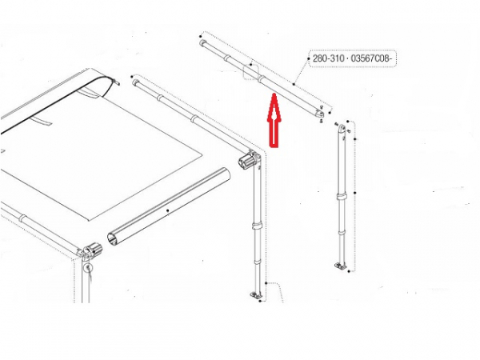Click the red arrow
click(274, 122)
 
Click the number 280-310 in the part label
click(326, 58)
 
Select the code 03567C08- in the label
click(371, 58)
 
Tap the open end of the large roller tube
click(113, 239)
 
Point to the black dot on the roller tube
click(167, 210)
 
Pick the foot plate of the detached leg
click(340, 266)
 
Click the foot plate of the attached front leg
click(257, 295)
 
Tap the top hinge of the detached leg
click(342, 126)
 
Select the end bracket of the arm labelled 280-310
click(319, 114)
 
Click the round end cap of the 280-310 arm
click(202, 43)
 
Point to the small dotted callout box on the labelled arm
click(251, 72)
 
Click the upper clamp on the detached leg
click(342, 197)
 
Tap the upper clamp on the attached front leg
click(257, 226)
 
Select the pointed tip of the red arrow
click(274, 94)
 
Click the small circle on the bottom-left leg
click(88, 267)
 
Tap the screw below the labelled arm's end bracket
click(321, 121)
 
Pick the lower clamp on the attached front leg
click(257, 261)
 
